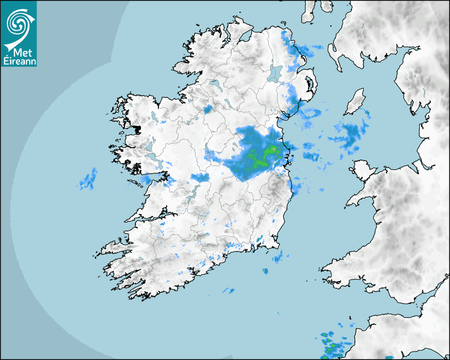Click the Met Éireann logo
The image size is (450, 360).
pyautogui.click(x=19, y=33)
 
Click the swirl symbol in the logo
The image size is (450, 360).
pyautogui.click(x=17, y=24)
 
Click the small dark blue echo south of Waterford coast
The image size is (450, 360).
pyautogui.click(x=265, y=272)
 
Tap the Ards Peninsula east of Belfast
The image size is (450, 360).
pyautogui.click(x=312, y=87)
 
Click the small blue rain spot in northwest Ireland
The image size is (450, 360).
pyautogui.click(x=208, y=109)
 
